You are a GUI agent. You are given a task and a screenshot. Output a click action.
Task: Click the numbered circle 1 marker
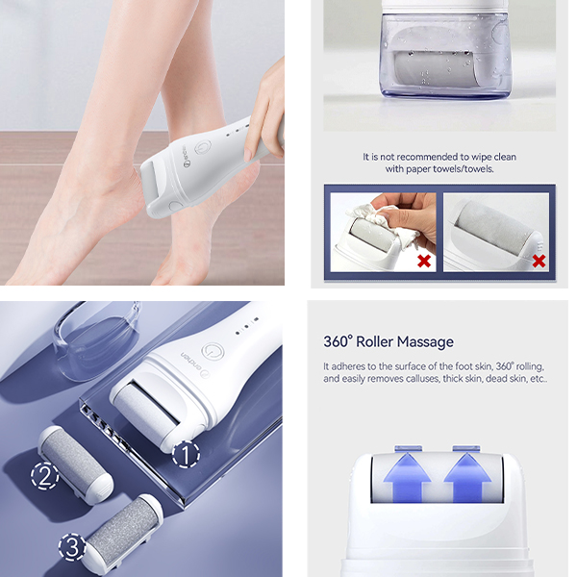(x=187, y=454)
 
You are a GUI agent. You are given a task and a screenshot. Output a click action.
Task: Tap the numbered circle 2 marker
(x=45, y=476)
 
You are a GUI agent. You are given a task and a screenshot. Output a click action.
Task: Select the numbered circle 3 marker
(x=72, y=546)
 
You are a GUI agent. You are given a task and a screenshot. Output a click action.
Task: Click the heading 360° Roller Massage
(x=389, y=341)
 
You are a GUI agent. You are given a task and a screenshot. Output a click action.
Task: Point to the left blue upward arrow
(x=407, y=477)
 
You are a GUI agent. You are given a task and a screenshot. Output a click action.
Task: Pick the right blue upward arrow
(x=467, y=477)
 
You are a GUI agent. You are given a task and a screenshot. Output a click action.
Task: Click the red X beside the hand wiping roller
(x=424, y=262)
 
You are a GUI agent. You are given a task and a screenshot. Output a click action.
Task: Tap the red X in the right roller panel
(x=539, y=262)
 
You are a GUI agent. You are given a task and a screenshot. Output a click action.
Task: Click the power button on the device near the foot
(x=203, y=148)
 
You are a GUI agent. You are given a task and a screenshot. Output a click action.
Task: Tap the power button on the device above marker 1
(x=213, y=352)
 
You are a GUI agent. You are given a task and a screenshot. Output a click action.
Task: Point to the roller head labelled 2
(x=76, y=464)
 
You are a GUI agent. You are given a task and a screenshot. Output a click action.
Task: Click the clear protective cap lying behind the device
(x=96, y=340)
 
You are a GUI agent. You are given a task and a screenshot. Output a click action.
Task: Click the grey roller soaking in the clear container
(x=435, y=71)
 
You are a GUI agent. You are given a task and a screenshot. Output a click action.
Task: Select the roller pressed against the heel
(x=151, y=181)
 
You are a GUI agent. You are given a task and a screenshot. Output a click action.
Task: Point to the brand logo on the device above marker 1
(x=194, y=365)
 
